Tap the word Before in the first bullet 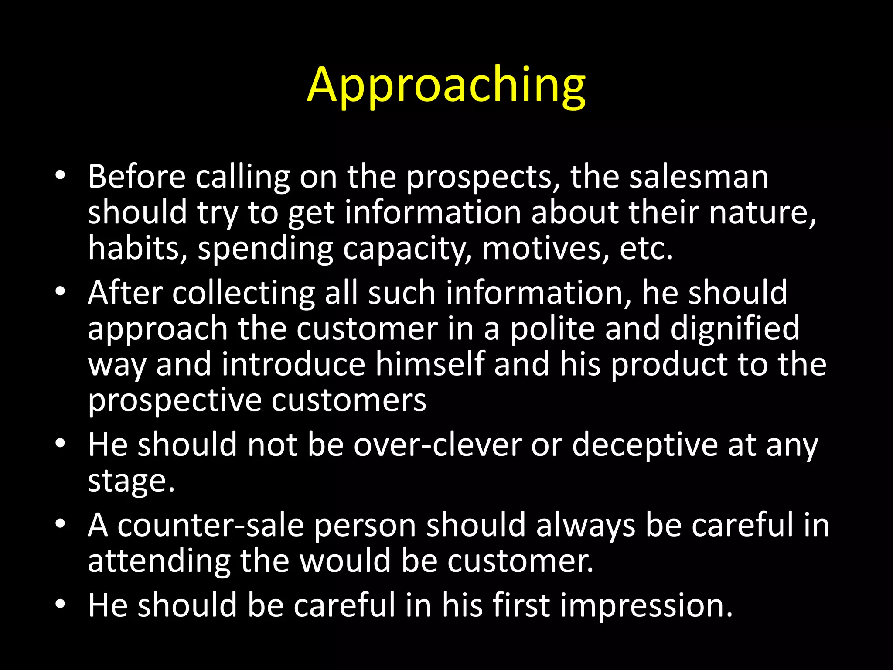[136, 177]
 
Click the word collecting [243, 293]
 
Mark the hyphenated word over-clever [437, 444]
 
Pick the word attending [159, 561]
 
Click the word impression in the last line [646, 606]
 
